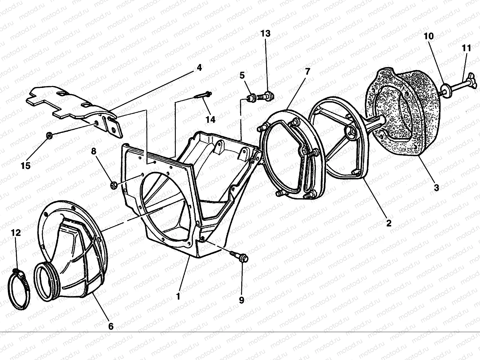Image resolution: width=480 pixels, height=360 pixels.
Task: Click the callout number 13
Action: (265, 33)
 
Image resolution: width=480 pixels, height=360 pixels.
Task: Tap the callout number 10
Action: (428, 36)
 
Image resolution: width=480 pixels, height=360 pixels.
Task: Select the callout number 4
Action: (199, 68)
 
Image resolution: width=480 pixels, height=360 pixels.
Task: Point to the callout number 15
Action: (26, 165)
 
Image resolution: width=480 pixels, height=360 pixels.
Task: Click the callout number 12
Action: (16, 233)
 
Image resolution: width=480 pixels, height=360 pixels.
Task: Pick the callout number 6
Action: (111, 326)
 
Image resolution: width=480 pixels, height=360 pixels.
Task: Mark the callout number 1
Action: (178, 296)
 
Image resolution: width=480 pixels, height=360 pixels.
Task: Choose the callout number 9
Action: (241, 300)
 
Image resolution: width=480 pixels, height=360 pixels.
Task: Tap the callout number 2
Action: (388, 223)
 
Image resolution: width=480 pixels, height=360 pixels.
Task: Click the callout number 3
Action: (436, 188)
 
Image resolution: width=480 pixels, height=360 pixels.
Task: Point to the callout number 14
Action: (210, 119)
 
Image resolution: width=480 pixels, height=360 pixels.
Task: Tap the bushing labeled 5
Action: (251, 98)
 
